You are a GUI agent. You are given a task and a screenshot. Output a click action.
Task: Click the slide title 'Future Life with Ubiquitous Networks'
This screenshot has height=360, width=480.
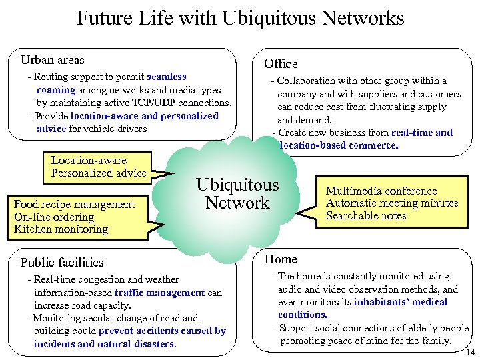240,18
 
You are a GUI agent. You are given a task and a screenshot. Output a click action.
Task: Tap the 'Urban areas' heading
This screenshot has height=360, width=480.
53,61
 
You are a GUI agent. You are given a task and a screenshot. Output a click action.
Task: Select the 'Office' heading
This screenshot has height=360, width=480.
281,64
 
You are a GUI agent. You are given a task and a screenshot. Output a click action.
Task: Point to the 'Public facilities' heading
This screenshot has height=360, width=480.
62,262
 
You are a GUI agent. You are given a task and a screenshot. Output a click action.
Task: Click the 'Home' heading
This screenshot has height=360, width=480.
281,259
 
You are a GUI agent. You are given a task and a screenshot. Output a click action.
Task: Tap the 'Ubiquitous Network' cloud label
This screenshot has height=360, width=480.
237,194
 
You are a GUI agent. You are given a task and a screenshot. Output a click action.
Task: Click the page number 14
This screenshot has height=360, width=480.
471,352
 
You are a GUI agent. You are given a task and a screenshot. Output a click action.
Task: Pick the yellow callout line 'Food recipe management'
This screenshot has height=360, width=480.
74,205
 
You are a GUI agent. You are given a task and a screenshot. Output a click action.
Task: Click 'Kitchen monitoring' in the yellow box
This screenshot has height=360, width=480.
61,229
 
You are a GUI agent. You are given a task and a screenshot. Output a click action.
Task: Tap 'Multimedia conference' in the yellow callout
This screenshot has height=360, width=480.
381,191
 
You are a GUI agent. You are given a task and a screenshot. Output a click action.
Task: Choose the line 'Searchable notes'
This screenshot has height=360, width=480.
366,215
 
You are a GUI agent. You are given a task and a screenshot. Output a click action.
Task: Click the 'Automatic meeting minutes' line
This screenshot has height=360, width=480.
392,203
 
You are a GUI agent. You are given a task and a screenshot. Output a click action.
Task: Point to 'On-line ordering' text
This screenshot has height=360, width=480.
54,217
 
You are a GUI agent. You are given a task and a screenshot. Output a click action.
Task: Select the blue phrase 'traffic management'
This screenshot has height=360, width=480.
159,293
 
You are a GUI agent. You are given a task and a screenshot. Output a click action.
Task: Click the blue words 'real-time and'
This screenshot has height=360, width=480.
422,133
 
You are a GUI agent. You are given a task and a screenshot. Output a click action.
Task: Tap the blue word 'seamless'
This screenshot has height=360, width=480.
166,77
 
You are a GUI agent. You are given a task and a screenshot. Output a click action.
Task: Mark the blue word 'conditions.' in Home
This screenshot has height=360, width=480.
303,315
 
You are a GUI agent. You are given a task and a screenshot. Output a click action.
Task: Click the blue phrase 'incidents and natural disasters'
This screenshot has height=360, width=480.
104,344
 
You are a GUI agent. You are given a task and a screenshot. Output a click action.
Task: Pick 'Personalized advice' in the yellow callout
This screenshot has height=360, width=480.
99,173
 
